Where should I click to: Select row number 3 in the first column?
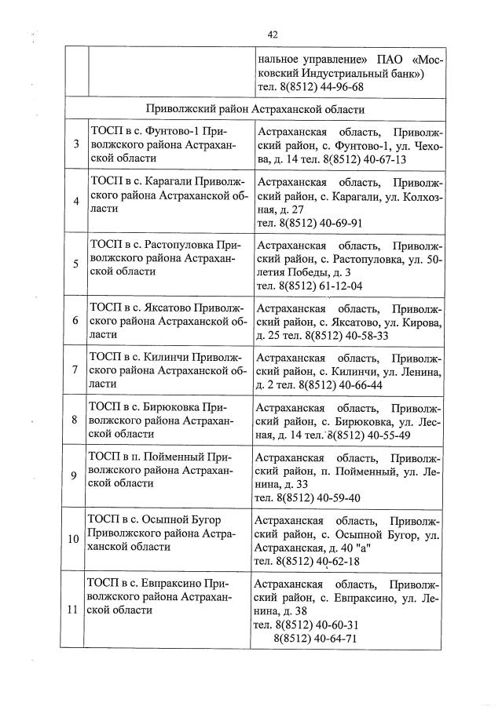tap(75, 144)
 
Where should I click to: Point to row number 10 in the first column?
tap(74, 540)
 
